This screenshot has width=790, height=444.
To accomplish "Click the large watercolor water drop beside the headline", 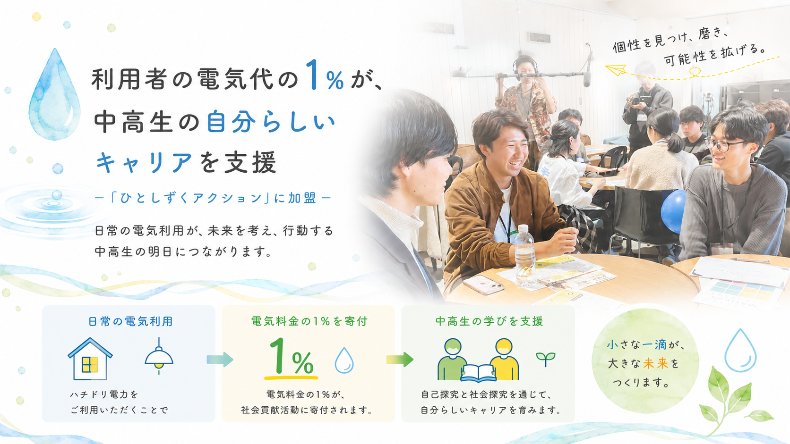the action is click(x=55, y=95).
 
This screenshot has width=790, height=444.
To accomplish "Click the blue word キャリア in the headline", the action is click(x=144, y=163).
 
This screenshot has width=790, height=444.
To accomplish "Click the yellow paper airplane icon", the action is click(x=616, y=69).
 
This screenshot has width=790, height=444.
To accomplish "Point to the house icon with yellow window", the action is click(x=90, y=359).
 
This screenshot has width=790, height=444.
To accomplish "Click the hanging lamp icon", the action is click(x=159, y=356).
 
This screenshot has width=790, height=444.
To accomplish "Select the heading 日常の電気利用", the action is click(x=130, y=321).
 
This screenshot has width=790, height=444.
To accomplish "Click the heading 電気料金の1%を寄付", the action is click(x=309, y=321).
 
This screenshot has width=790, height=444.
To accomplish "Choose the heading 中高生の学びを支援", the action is click(x=489, y=321).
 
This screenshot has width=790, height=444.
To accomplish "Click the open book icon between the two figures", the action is click(x=478, y=373).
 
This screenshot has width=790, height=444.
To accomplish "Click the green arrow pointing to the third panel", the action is click(x=400, y=360).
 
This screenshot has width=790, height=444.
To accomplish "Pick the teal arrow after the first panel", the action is click(x=220, y=360).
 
